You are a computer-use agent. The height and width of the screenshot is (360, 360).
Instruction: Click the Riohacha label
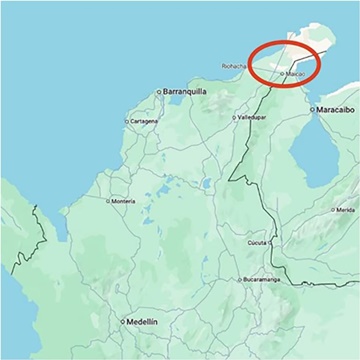[237, 68]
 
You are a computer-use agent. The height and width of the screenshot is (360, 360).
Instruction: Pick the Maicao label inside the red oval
[294, 75]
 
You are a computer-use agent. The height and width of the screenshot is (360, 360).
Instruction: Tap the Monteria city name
[123, 201]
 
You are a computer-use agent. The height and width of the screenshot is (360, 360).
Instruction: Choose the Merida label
[344, 210]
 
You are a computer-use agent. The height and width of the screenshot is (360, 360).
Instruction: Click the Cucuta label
[258, 242]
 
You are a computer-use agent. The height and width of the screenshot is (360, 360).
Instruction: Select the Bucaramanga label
[269, 280]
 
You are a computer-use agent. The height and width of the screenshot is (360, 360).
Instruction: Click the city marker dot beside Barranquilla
[158, 91]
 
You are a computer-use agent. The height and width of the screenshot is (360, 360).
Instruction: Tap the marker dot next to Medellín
[122, 322]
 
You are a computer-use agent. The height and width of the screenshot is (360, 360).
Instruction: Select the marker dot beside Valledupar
[235, 117]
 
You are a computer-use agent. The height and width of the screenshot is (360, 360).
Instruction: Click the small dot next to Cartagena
[126, 121]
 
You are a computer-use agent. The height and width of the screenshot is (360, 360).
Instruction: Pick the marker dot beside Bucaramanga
[241, 280]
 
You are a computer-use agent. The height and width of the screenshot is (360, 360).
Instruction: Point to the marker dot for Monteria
[108, 201]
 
